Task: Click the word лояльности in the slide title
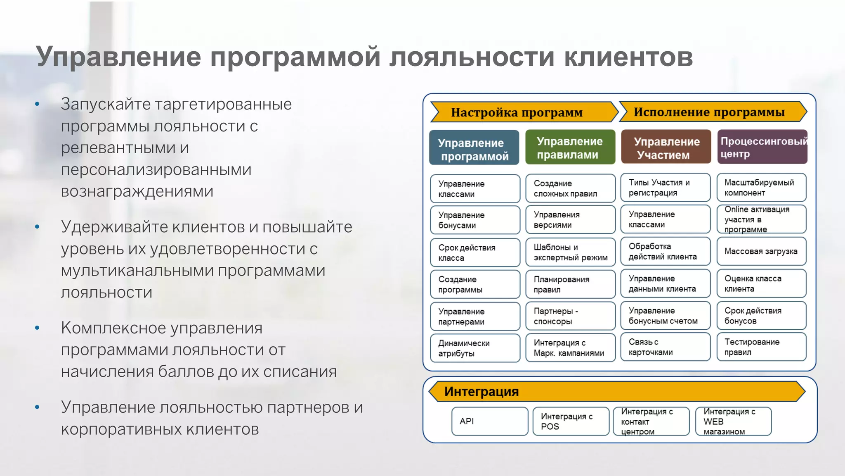[471, 57]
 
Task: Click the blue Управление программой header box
[474, 148]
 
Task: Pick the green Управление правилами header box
[570, 147]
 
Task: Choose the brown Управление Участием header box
[666, 147]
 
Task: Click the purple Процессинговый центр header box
[762, 147]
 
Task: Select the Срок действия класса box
[474, 252]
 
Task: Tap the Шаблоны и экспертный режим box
[570, 252]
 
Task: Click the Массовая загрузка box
[761, 251]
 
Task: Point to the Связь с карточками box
[665, 347]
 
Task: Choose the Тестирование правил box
[761, 347]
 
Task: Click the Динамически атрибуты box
[474, 348]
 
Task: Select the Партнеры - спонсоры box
[570, 316]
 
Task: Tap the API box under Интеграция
[490, 421]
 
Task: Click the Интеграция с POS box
[571, 421]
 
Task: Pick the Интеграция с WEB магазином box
[733, 421]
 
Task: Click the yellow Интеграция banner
[617, 391]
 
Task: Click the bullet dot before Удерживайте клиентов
[38, 227]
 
